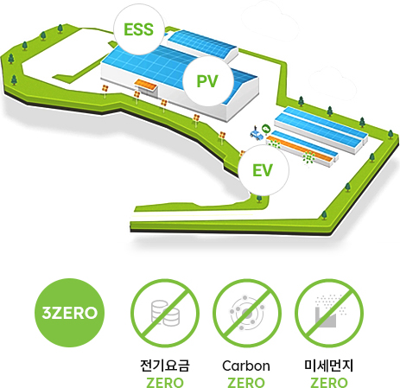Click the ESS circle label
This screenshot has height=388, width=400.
[x=139, y=29]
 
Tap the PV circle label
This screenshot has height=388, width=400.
[x=207, y=81]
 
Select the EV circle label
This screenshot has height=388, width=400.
[x=263, y=170]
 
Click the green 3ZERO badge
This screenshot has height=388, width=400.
[x=70, y=313]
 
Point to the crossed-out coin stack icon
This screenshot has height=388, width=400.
[x=165, y=313]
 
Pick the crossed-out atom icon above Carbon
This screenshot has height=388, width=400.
[x=247, y=313]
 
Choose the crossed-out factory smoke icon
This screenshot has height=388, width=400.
[x=329, y=313]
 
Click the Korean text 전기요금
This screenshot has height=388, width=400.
[x=165, y=366]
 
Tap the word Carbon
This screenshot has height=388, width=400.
[x=246, y=366]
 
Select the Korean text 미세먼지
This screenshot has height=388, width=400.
[x=328, y=366]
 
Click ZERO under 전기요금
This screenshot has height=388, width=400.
[x=165, y=383]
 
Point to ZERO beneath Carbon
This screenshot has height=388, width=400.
[x=246, y=383]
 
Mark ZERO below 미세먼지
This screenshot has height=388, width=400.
[x=329, y=383]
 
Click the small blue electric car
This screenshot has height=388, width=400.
[x=257, y=134]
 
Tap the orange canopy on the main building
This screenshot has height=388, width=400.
[x=146, y=85]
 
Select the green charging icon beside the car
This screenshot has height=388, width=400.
[x=265, y=128]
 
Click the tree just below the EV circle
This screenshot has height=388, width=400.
[x=259, y=199]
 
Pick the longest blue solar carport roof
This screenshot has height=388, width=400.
[x=321, y=123]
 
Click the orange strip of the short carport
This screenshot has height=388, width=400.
[x=300, y=149]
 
